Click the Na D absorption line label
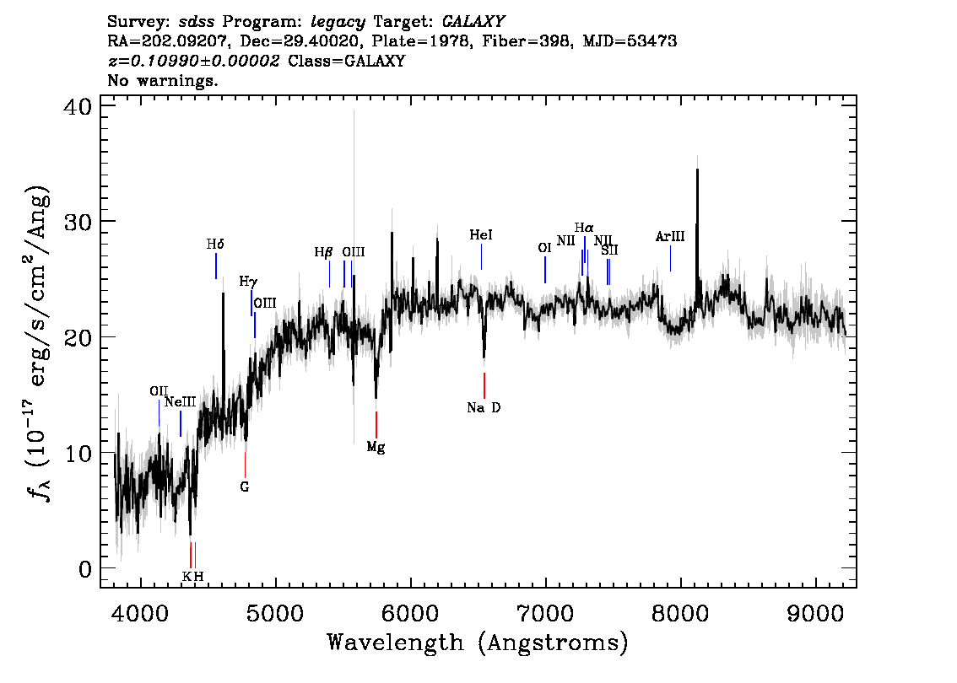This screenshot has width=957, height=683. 484,407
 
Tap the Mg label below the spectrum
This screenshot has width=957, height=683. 376,447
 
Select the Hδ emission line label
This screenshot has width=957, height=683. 215,245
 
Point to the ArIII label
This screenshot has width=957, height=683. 670,237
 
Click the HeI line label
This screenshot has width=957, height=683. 481,234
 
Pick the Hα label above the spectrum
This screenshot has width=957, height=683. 584,228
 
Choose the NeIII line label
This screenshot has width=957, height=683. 180,402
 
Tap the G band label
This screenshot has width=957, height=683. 244,487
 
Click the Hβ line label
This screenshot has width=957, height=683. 323,252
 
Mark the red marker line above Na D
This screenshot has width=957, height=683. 484,385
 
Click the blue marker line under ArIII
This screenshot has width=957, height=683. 670,259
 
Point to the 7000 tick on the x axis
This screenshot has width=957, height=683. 546,614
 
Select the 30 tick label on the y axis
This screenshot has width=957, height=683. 78,222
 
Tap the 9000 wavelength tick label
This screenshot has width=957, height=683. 815,614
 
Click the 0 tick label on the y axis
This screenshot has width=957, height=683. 85,569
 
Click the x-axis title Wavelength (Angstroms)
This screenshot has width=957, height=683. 478,643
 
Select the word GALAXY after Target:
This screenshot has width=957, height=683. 473,22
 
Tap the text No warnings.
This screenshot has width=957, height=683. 162,80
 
